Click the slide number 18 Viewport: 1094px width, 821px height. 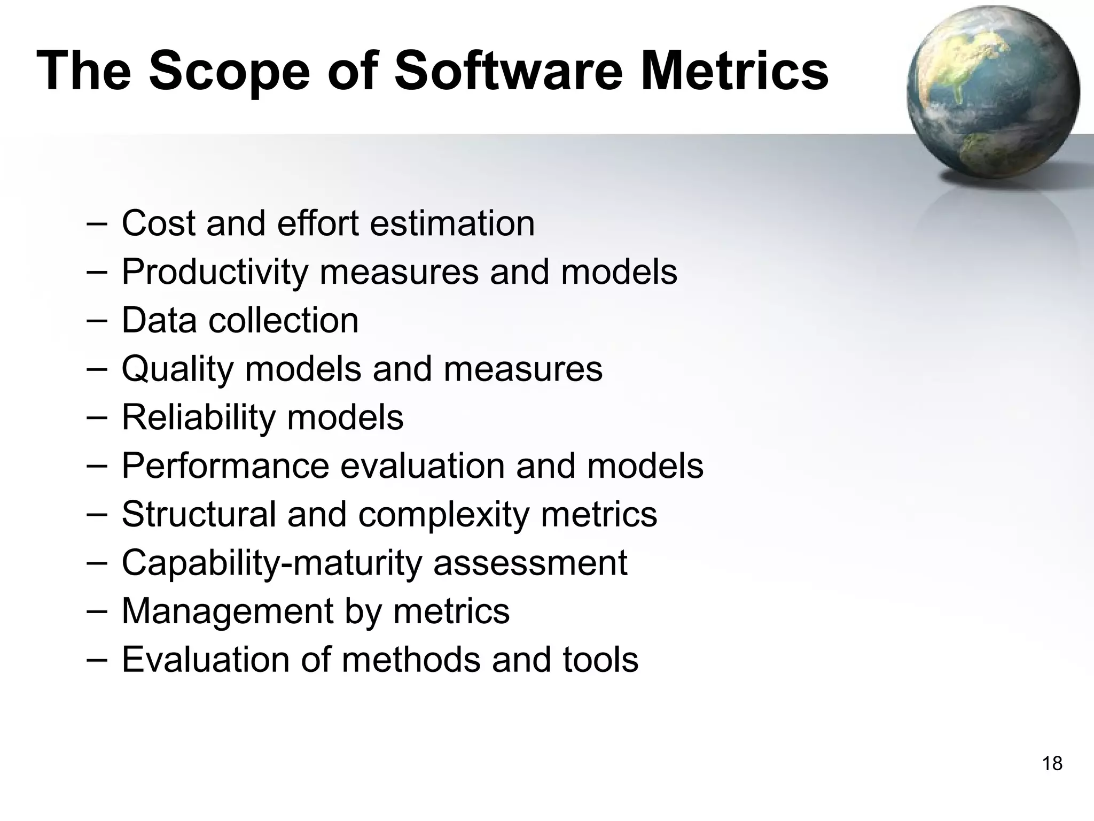[1052, 763]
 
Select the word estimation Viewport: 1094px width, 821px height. [452, 223]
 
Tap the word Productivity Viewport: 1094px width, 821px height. [215, 272]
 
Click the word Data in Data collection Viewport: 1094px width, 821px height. [159, 320]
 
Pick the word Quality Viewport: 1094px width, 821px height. [177, 369]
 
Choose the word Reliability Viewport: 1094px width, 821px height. [198, 417]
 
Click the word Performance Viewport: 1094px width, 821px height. [225, 466]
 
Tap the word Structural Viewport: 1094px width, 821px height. [199, 514]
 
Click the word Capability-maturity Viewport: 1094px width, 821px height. [272, 563]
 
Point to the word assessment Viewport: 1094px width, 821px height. [530, 563]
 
